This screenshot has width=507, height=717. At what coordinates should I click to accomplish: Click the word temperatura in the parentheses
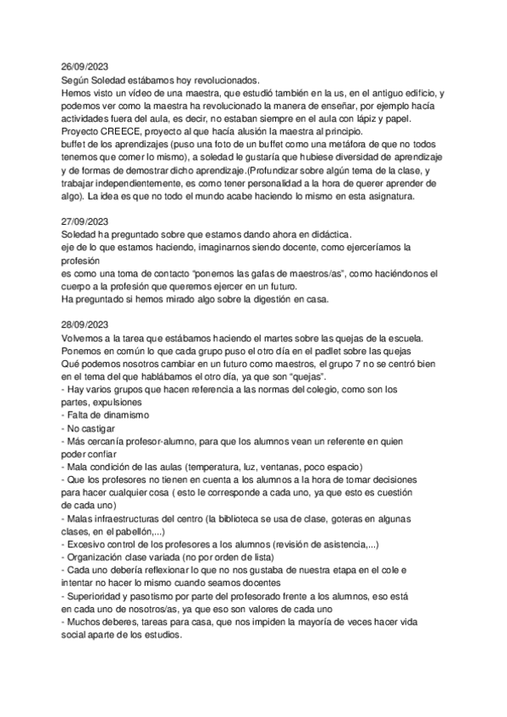[222, 466]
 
